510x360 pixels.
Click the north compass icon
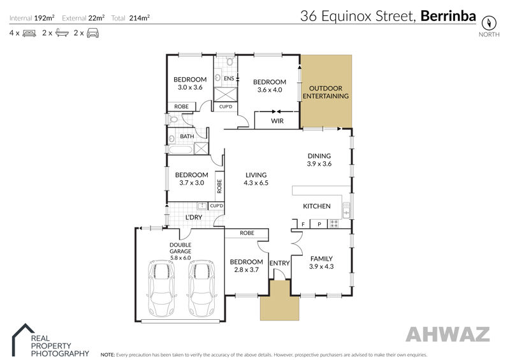click(489, 23)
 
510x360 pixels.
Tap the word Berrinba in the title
click(448, 16)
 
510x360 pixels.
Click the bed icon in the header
click(29, 33)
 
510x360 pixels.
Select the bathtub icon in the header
click(62, 32)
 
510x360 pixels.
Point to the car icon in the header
click(92, 33)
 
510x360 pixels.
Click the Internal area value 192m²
click(44, 18)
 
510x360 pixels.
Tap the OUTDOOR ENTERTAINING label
click(326, 92)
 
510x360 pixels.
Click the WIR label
click(277, 120)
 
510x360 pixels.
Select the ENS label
click(229, 78)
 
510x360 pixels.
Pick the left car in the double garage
click(161, 288)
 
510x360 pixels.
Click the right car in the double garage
click(201, 288)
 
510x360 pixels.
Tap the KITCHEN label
click(316, 206)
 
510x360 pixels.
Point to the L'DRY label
click(194, 217)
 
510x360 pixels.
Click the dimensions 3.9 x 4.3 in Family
click(321, 266)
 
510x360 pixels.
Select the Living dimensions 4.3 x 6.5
click(256, 183)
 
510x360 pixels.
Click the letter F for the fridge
click(303, 224)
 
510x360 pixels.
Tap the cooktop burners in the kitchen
click(334, 224)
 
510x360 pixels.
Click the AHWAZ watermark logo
click(448, 334)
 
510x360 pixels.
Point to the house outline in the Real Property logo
click(22, 339)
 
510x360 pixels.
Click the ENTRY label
click(279, 263)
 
